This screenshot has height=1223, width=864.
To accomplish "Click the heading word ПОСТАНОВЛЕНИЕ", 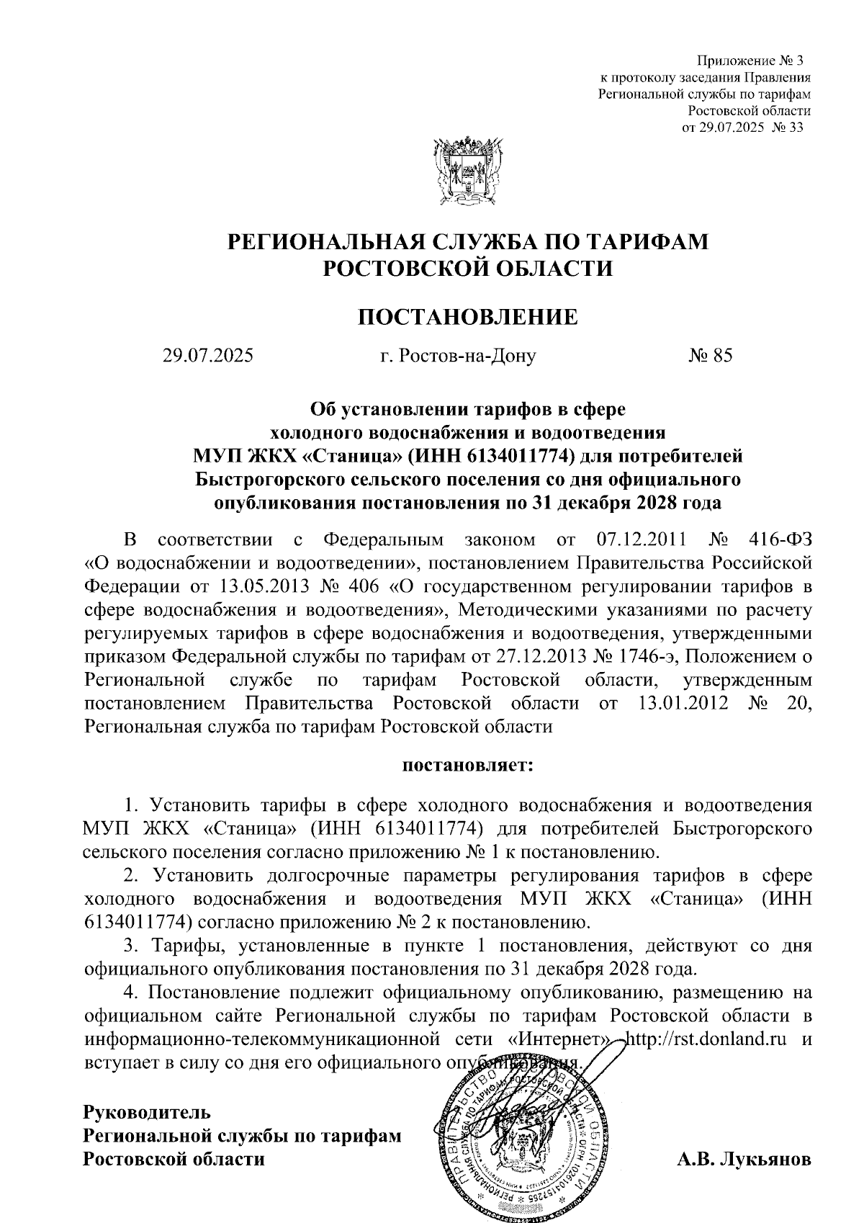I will pyautogui.click(x=468, y=317).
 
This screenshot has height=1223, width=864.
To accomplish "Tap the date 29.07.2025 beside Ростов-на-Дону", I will pyautogui.click(x=208, y=355).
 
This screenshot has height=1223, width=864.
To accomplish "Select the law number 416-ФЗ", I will pyautogui.click(x=780, y=539).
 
